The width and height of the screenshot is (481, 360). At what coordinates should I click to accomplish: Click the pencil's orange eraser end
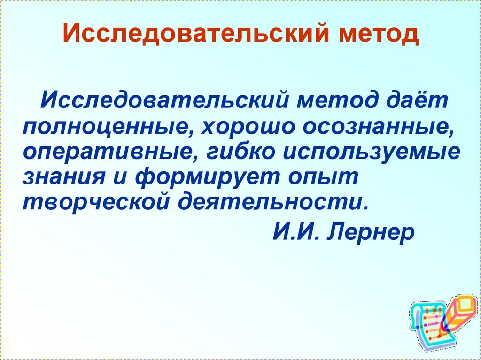click(466, 304)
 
